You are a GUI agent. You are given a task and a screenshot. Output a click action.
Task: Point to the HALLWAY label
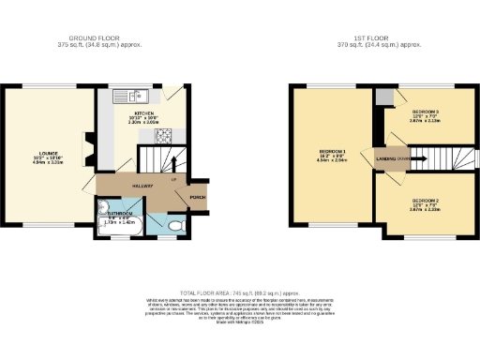pos(142,187)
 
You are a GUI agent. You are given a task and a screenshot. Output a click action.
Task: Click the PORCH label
pos(198,197)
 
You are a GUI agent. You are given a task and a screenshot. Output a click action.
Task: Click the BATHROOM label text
pos(120,214)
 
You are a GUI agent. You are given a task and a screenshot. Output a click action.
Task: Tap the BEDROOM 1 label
pos(333,152)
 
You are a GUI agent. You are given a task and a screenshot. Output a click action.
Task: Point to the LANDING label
pos(386,159)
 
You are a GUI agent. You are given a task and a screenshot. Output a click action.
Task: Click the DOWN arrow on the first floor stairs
pos(405,159)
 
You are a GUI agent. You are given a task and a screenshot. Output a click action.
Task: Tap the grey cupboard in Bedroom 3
pos(383,97)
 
